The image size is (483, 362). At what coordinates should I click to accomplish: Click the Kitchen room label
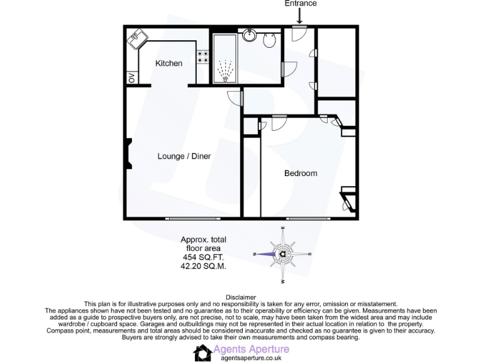[x=169, y=63]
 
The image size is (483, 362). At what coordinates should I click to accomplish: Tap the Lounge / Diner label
[x=184, y=156]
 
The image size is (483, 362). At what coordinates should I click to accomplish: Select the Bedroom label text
[x=301, y=173]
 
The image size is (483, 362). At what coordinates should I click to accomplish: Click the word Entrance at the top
[x=301, y=4]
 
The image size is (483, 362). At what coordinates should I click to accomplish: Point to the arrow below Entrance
[x=301, y=16]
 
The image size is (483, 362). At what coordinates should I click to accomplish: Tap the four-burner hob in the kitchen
[x=203, y=57]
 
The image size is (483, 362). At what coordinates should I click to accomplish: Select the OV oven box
[x=131, y=79]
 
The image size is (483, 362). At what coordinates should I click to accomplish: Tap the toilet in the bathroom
[x=270, y=41]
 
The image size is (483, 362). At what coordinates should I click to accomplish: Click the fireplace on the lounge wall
[x=128, y=154]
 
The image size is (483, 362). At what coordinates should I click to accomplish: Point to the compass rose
[x=284, y=254]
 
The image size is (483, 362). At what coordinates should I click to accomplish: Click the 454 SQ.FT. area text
[x=203, y=258]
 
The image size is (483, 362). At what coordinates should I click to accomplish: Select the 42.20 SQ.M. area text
[x=203, y=266]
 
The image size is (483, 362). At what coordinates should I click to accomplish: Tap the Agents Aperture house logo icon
[x=202, y=353]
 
